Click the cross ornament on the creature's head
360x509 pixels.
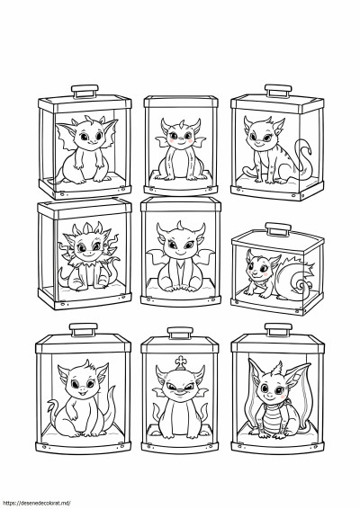181,362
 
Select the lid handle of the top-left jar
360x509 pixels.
85,92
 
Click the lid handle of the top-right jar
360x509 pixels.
278,91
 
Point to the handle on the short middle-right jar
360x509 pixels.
278,229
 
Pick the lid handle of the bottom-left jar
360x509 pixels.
84,330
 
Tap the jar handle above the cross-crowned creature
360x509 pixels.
180,333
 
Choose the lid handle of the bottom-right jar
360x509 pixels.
278,329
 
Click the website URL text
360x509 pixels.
35,504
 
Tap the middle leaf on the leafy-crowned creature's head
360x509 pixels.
87,228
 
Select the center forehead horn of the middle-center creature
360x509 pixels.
180,226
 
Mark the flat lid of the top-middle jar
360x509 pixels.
181,102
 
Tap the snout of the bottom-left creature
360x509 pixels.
82,390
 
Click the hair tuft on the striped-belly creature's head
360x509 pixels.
277,369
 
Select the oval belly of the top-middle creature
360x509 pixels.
181,163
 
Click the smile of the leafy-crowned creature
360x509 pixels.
86,255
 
